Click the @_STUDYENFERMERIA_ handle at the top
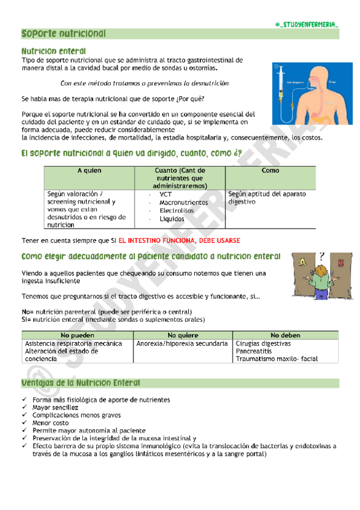tap(307, 23)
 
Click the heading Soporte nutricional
tap(64, 34)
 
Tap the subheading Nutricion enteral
tap(53, 51)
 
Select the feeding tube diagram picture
tap(305, 92)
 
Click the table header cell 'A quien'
tap(90, 171)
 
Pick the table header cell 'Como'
tap(270, 171)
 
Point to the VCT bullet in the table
tap(165, 194)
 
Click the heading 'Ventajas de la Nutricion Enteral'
tap(81, 383)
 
